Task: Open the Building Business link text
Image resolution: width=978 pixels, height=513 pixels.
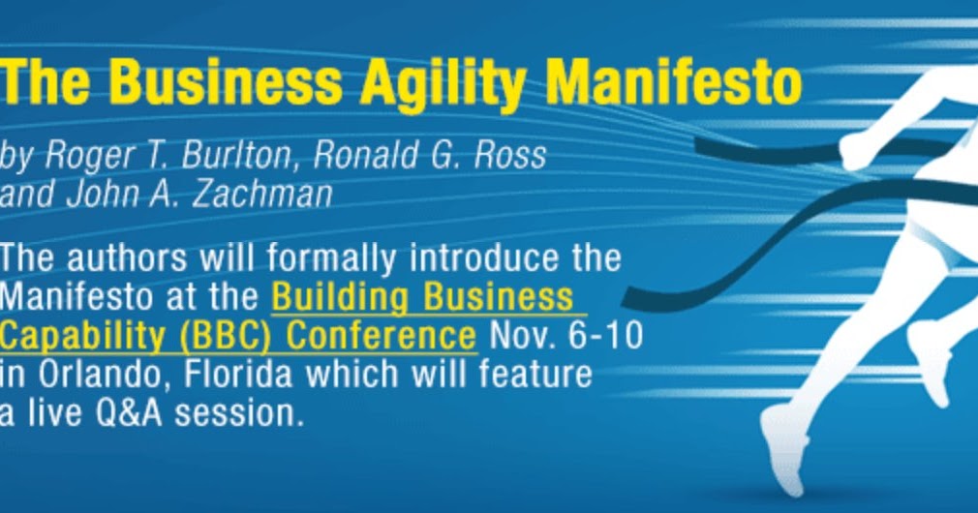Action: click(421, 296)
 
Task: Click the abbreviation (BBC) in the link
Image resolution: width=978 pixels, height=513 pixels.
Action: click(229, 335)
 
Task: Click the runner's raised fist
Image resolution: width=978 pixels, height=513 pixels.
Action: click(853, 148)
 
